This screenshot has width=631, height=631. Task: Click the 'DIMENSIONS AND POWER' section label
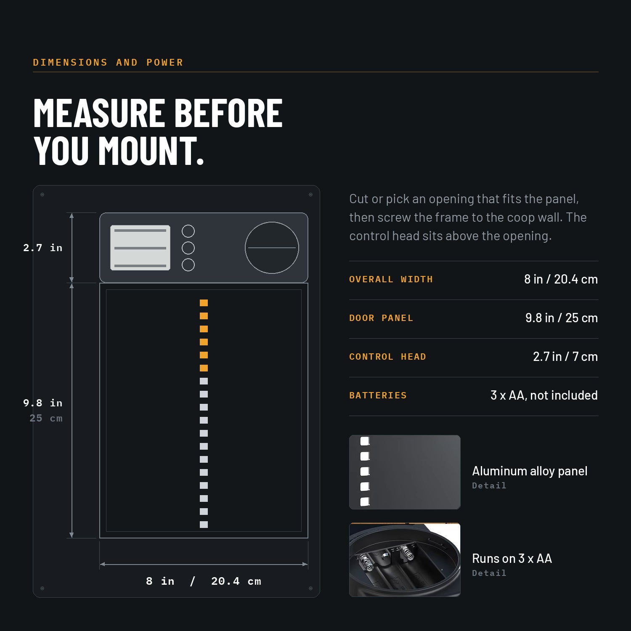pos(108,63)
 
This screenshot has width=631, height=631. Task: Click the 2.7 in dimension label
pos(43,248)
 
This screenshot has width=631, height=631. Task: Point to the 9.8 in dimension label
pos(43,403)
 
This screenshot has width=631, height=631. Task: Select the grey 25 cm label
pos(46,418)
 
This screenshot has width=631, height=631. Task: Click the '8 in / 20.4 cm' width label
pos(204,581)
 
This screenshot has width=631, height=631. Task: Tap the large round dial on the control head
pos(272,248)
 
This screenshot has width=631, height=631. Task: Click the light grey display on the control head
pos(140,248)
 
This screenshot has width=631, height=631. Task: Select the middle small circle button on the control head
pos(188,248)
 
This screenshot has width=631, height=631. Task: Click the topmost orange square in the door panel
pos(204,303)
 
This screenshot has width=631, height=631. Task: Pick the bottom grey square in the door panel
pos(204,525)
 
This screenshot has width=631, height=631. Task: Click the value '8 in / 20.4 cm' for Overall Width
pos(561,279)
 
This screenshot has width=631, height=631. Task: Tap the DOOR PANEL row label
pos(381,318)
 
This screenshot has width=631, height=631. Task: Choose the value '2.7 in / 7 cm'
pos(565,357)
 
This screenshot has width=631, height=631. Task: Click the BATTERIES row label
pos(378,395)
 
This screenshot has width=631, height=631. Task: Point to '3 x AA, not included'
pos(544,395)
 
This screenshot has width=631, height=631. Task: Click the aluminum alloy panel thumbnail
pos(405,472)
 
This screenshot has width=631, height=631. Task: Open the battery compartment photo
pos(405,559)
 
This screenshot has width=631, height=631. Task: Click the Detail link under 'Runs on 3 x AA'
pos(489,573)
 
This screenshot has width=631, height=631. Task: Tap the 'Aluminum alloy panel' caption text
pos(530,471)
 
